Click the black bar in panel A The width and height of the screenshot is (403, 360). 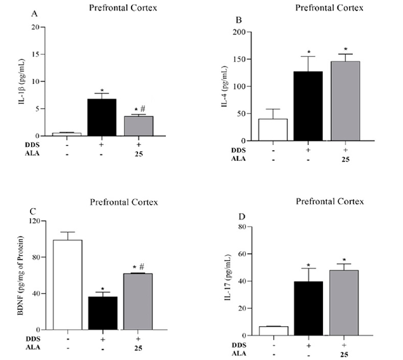(102, 118)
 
